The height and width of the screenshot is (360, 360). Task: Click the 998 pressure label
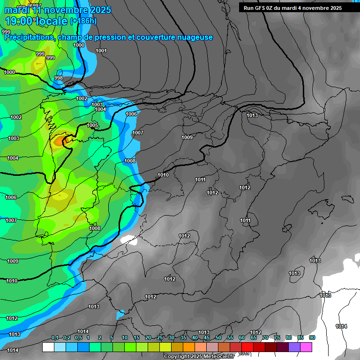pos(59,78)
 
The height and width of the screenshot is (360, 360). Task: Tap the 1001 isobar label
pos(101,51)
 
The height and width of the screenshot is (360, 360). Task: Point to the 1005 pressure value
pos(92,125)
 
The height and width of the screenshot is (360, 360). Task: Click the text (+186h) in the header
pos(83,21)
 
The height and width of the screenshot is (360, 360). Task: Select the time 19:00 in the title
pos(22,21)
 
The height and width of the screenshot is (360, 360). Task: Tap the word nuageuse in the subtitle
pos(193,37)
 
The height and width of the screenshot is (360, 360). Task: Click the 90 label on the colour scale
pos(312,337)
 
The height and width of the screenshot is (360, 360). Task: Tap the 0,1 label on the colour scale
pos(55,337)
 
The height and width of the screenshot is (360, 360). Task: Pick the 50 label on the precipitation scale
pos(218,337)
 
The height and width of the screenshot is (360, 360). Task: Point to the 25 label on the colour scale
pos(160,337)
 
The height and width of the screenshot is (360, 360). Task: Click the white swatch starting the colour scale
pos(48,347)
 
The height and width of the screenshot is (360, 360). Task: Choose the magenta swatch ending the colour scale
pos(306,347)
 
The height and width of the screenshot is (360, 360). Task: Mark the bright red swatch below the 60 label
pos(247,347)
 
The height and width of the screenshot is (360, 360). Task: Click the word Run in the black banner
pos(249,8)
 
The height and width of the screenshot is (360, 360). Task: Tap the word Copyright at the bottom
pos(177,357)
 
